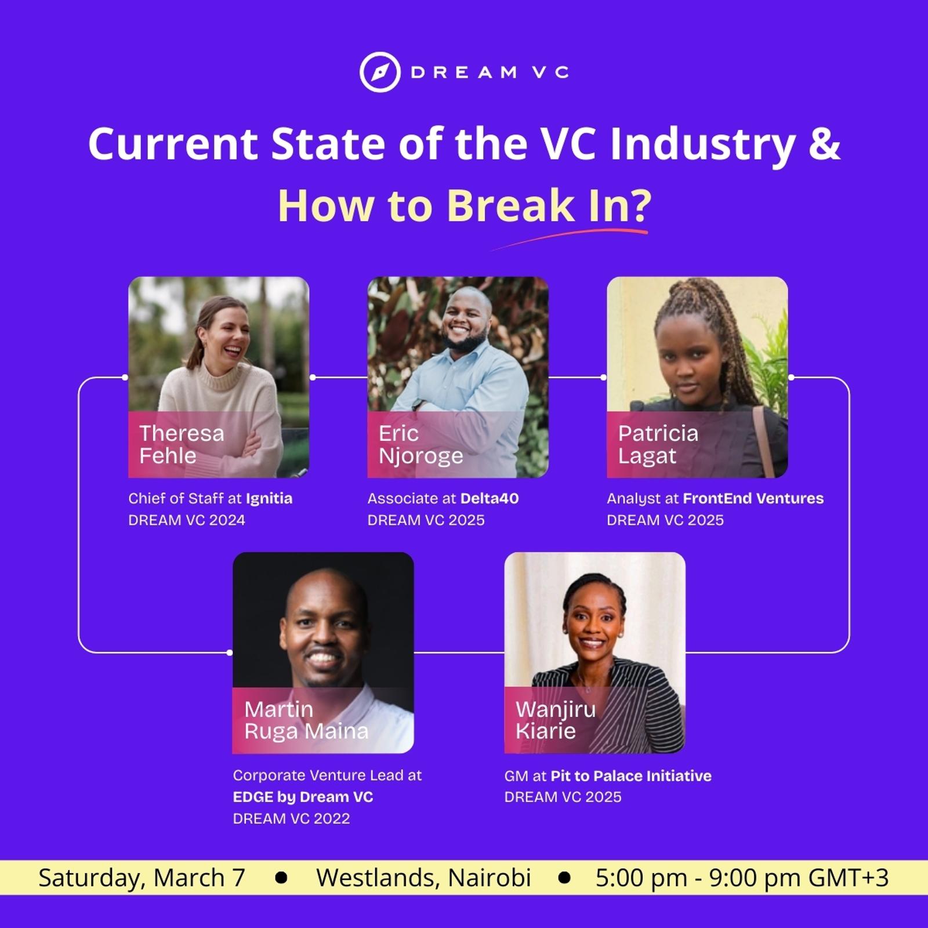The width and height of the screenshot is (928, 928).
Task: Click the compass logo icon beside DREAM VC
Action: [x=380, y=72]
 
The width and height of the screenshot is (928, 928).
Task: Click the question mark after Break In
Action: [x=640, y=206]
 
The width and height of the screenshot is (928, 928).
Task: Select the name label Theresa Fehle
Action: [x=182, y=444]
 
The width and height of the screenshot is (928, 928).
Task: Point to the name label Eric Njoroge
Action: [x=421, y=444]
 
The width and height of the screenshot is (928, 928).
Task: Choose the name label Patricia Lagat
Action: [x=658, y=444]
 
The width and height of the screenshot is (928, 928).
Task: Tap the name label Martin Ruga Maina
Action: [x=306, y=720]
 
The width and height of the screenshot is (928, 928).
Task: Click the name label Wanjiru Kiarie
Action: [x=556, y=720]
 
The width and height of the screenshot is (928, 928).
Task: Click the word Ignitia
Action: [x=269, y=498]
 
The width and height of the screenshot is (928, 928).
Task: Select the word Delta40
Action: [x=490, y=498]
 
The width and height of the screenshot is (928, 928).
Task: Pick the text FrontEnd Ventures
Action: [x=753, y=498]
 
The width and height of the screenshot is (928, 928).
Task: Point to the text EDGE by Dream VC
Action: [x=303, y=797]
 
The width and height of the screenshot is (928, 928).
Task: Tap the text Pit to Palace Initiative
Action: [x=631, y=776]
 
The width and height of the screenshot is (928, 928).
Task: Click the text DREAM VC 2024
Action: [x=187, y=520]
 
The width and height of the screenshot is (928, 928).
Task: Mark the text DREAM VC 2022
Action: [x=292, y=819]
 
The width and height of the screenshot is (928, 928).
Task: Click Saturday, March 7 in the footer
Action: [x=142, y=878]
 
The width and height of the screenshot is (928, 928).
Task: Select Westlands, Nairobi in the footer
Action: [x=423, y=878]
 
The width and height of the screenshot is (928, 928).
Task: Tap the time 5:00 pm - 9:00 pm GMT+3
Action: [x=742, y=878]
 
